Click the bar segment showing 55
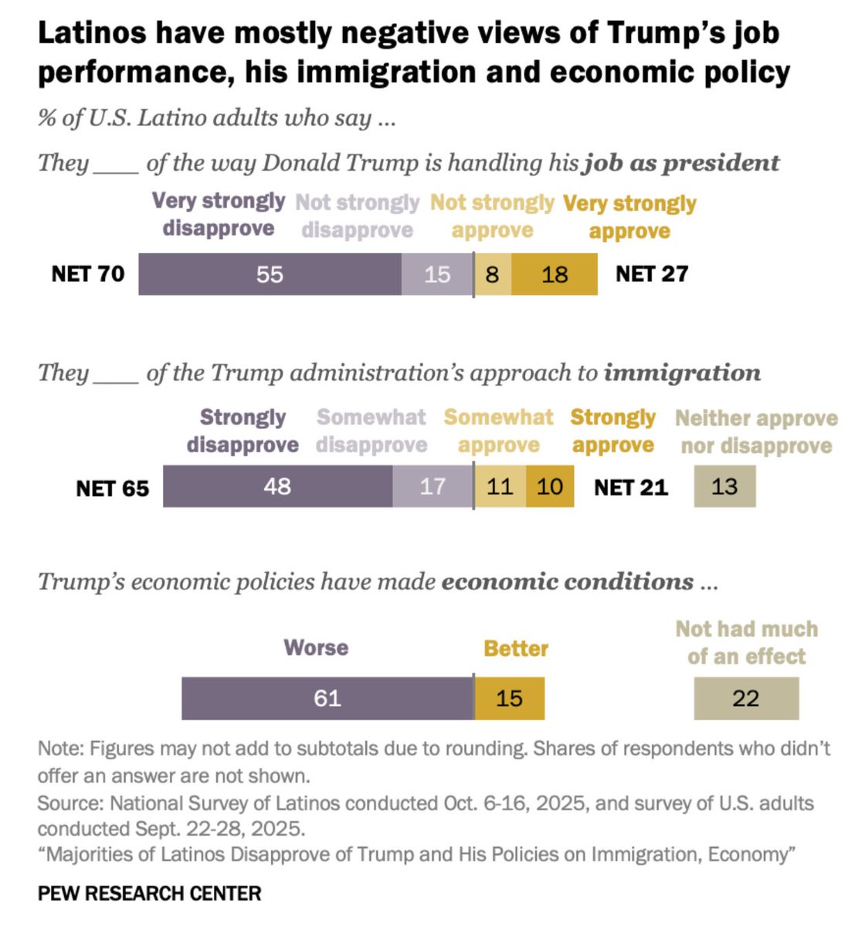[x=270, y=274]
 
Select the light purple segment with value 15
[x=436, y=274]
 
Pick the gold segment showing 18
[x=555, y=274]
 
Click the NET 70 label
[x=87, y=274]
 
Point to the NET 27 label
[x=651, y=274]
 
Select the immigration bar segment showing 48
[x=277, y=486]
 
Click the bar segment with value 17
[x=432, y=486]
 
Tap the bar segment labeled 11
[x=500, y=486]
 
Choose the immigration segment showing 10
[x=550, y=486]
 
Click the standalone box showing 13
[x=724, y=486]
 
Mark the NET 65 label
[x=112, y=488]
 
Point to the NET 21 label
[x=630, y=487]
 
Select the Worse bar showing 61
[x=327, y=698]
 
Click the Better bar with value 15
[x=509, y=698]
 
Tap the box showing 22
[x=746, y=698]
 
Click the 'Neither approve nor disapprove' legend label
[x=756, y=431]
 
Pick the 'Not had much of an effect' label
[x=746, y=642]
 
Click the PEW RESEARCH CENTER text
[x=149, y=894]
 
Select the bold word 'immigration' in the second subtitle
[x=682, y=373]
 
